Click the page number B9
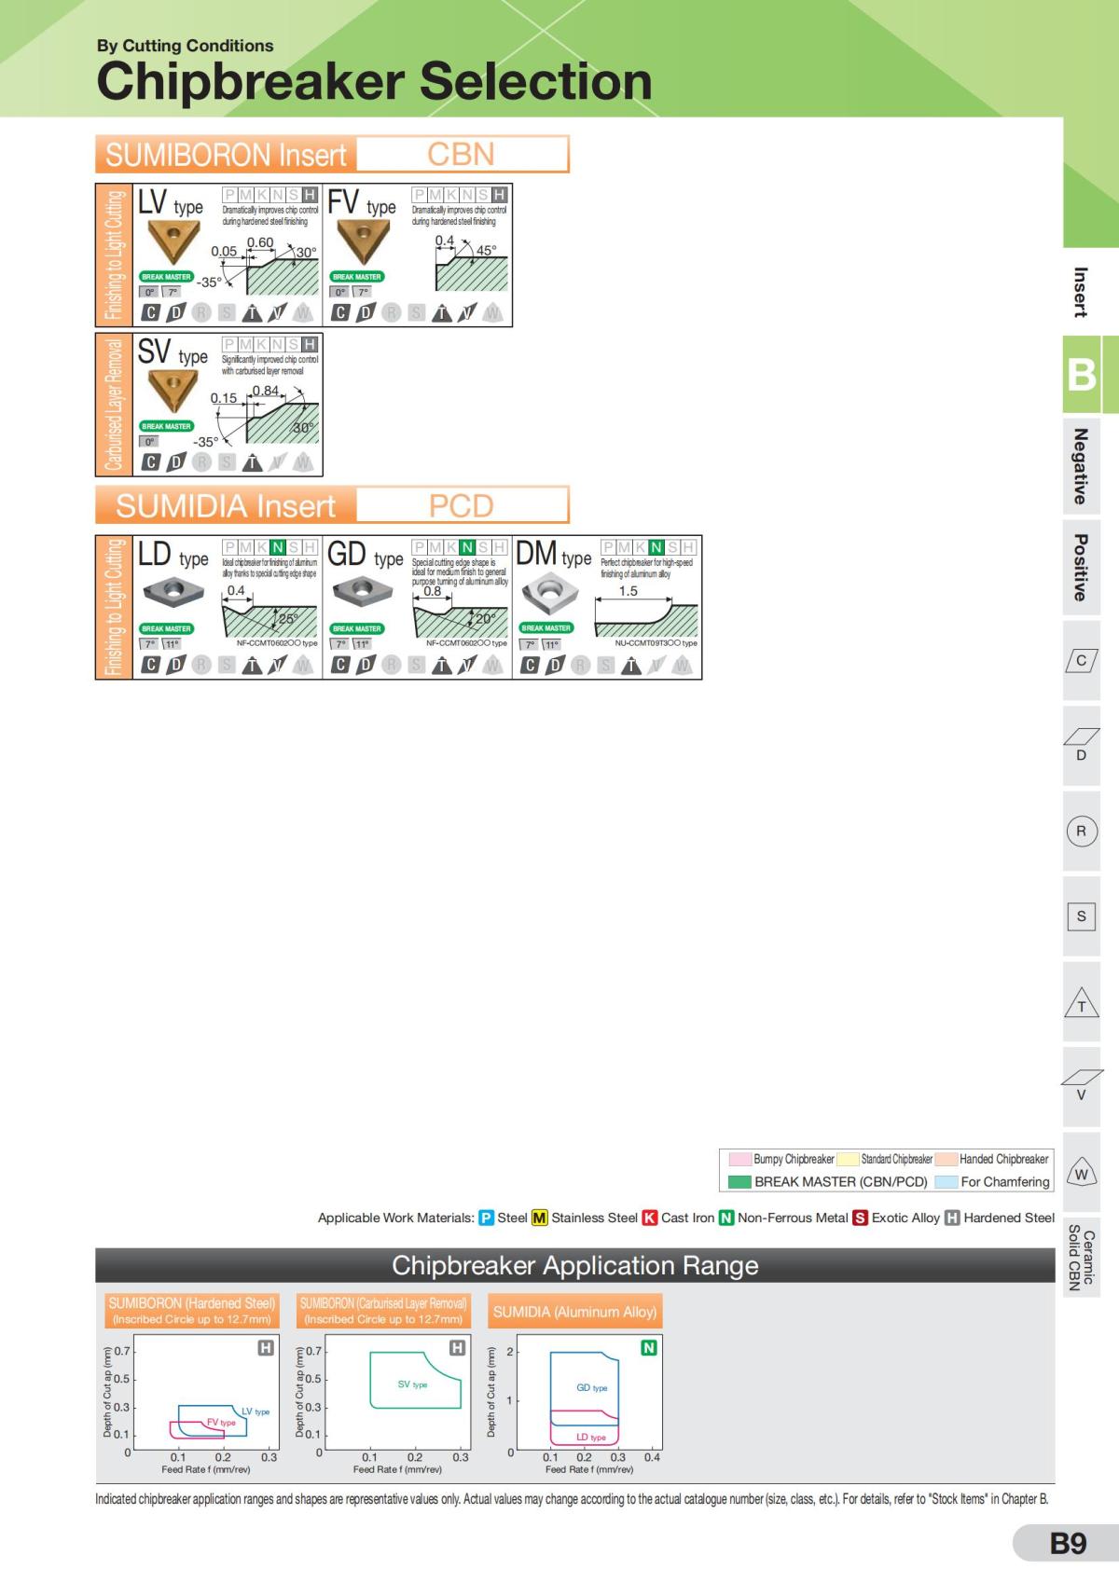tap(1068, 1543)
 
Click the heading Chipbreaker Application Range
tap(574, 1265)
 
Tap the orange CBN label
tap(461, 154)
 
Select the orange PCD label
tap(461, 505)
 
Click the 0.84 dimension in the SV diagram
tap(265, 391)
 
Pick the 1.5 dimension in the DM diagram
tap(629, 591)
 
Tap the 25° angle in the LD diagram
tap(288, 619)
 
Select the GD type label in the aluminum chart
tap(591, 1388)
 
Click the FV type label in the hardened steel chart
tap(221, 1423)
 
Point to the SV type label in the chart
tap(412, 1384)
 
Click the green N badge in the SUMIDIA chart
tap(649, 1347)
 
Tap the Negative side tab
tap(1080, 466)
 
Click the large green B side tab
tap(1081, 374)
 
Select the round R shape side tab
tap(1081, 831)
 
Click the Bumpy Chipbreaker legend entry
tap(782, 1159)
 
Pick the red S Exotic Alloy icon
tap(861, 1218)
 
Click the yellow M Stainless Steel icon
tap(539, 1218)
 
